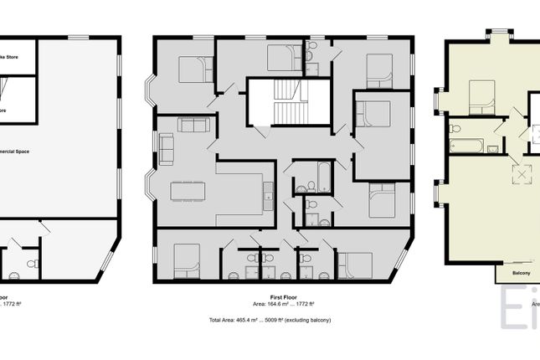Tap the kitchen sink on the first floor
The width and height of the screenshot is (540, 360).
pyautogui.click(x=268, y=198)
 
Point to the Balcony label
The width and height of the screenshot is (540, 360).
pyautogui.click(x=519, y=273)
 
